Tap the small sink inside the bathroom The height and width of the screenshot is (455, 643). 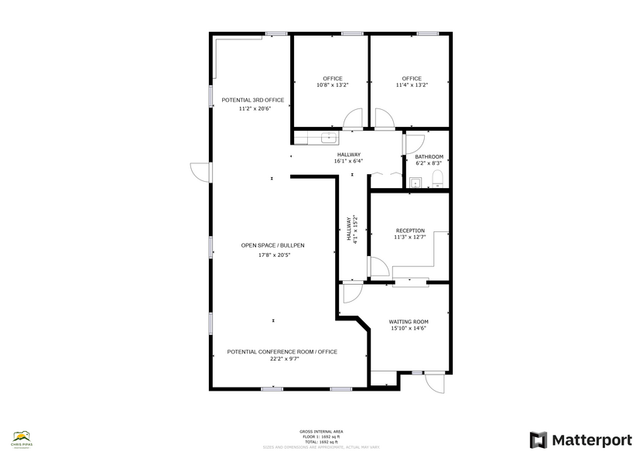pyautogui.click(x=416, y=183)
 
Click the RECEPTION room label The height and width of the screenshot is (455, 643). pyautogui.click(x=410, y=231)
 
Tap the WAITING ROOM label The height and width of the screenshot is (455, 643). pyautogui.click(x=409, y=321)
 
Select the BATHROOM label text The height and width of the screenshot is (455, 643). pyautogui.click(x=429, y=156)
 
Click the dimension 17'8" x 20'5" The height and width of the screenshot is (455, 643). pyautogui.click(x=272, y=255)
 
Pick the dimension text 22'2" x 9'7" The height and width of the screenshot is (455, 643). pyautogui.click(x=282, y=359)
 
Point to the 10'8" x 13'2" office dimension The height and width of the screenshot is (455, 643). pyautogui.click(x=333, y=85)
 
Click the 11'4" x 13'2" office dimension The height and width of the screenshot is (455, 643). pyautogui.click(x=412, y=85)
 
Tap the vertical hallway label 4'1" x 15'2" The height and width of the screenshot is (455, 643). pyautogui.click(x=356, y=230)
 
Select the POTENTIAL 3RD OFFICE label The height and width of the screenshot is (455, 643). pyautogui.click(x=253, y=100)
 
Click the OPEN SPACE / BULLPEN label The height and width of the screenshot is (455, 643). pyautogui.click(x=272, y=245)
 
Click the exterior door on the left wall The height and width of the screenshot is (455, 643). pyautogui.click(x=200, y=173)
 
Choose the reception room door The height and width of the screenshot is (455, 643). pyautogui.click(x=379, y=268)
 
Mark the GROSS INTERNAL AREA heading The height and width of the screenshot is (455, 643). pyautogui.click(x=321, y=431)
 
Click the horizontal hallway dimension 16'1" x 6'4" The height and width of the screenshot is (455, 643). pyautogui.click(x=348, y=162)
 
